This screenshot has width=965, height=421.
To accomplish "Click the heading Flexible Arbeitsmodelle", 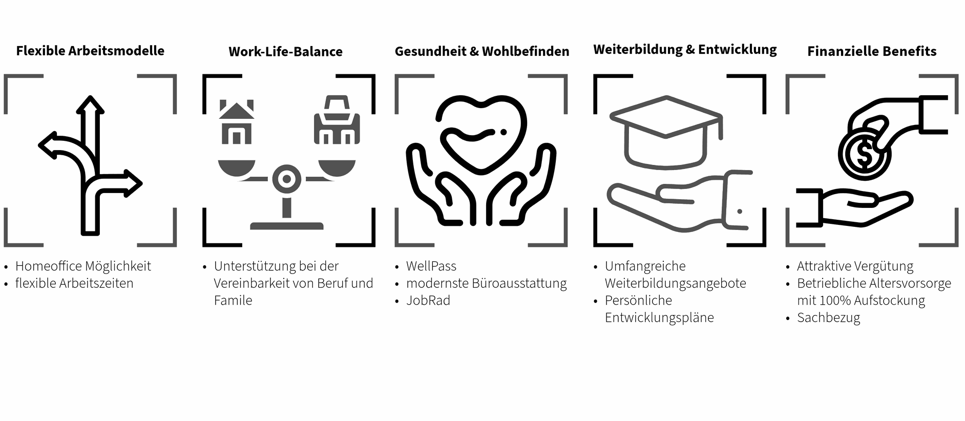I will [90, 51].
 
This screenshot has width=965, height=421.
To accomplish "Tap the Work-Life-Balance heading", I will [285, 51].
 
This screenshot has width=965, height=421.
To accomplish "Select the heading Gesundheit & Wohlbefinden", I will [481, 51].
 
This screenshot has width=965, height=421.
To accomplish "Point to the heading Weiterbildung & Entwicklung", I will [685, 49].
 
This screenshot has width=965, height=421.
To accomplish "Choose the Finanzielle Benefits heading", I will [871, 51].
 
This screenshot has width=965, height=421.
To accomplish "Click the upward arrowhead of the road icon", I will [90, 105].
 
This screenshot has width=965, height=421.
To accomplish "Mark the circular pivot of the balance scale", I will [287, 179].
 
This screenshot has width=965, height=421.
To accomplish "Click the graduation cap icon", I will [666, 131].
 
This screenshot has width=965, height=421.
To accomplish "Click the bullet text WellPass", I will [431, 266].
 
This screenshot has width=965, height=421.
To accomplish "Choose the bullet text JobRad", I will [428, 301].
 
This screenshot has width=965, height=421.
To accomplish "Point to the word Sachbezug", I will [828, 318].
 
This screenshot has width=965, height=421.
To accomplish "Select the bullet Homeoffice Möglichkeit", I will [83, 266].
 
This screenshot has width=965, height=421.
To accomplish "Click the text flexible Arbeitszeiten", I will [74, 283].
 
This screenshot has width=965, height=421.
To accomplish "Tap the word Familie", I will [233, 301].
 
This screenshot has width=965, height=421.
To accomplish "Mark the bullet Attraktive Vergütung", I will [855, 266].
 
